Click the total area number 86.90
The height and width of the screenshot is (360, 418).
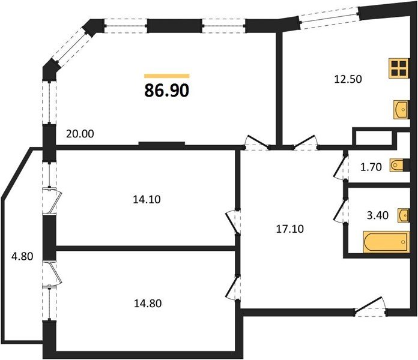[x=167, y=90]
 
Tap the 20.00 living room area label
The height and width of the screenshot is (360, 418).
[x=80, y=134]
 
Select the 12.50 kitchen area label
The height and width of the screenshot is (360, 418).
[x=348, y=79]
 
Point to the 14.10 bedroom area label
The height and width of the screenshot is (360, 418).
[x=147, y=199]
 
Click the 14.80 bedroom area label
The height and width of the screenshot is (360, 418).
[x=148, y=303]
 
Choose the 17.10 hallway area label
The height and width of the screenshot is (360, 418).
[x=289, y=229]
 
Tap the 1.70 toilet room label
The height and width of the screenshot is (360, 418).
[x=371, y=167]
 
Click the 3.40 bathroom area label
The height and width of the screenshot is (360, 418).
[x=378, y=215]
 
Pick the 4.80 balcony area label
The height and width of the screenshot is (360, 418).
[x=22, y=256]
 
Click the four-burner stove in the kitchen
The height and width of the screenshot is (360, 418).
[x=399, y=68]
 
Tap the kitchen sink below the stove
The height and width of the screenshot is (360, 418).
[x=401, y=109]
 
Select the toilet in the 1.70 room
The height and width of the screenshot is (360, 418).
[x=399, y=165]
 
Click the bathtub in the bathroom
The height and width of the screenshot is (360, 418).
[x=386, y=242]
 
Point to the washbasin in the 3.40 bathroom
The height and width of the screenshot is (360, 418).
[x=404, y=215]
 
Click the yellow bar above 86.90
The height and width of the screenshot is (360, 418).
[x=167, y=76]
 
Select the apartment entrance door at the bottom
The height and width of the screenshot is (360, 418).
[x=370, y=307]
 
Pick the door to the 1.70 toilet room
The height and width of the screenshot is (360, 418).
[x=341, y=167]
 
